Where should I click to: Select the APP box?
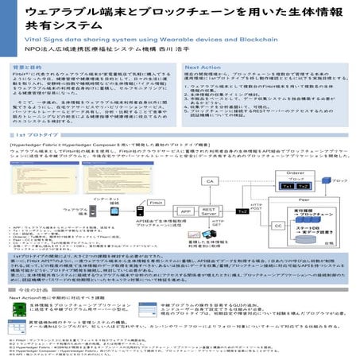(187, 211)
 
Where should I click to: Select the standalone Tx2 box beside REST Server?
(242, 211)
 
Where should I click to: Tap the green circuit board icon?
(16, 306)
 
